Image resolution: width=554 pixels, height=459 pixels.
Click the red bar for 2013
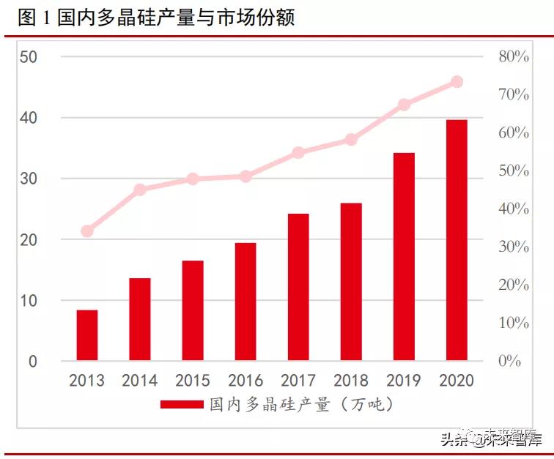[87, 335]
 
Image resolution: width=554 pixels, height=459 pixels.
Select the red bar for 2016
[245, 302]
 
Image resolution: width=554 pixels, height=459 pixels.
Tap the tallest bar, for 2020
[457, 240]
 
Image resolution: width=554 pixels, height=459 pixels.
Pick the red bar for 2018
[351, 282]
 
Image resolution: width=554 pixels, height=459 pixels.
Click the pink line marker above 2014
[140, 190]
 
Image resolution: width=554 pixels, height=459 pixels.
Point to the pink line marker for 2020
[457, 82]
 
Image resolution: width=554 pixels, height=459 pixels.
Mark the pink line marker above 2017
[298, 153]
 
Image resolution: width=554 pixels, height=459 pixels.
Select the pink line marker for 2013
[87, 231]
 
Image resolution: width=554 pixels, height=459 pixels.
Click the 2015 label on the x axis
[193, 381]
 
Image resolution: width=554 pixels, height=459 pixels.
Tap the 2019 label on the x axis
[404, 381]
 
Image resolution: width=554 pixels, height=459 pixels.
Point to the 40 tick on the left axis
[29, 118]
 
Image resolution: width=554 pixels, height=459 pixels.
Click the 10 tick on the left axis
[29, 301]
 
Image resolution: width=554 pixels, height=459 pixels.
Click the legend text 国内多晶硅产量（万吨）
[301, 404]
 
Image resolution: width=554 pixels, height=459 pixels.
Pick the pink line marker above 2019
[404, 105]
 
